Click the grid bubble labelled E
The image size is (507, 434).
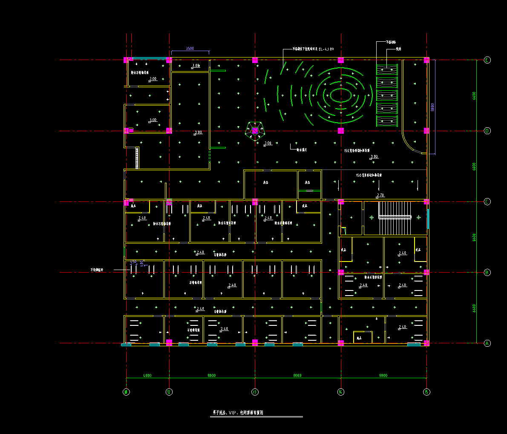tap(487, 60)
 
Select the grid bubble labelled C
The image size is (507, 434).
tap(487, 201)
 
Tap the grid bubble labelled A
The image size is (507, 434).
tap(487, 343)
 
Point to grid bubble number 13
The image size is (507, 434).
tap(255, 392)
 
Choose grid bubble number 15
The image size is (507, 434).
tap(426, 392)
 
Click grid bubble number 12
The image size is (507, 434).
tap(169, 392)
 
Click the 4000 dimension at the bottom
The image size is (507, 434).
tap(147, 376)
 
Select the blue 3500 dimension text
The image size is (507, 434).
tap(190, 49)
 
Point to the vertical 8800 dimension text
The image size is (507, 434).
tap(432, 107)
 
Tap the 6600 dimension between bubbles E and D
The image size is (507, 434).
tap(474, 95)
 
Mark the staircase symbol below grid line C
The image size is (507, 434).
tap(395, 217)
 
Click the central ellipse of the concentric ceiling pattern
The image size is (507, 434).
tap(341, 95)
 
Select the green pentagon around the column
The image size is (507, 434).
tap(255, 131)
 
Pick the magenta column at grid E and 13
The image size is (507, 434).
tap(255, 60)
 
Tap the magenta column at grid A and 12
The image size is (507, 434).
tap(169, 342)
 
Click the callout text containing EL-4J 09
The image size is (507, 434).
tap(313, 49)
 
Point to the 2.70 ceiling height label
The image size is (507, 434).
tap(380, 195)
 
